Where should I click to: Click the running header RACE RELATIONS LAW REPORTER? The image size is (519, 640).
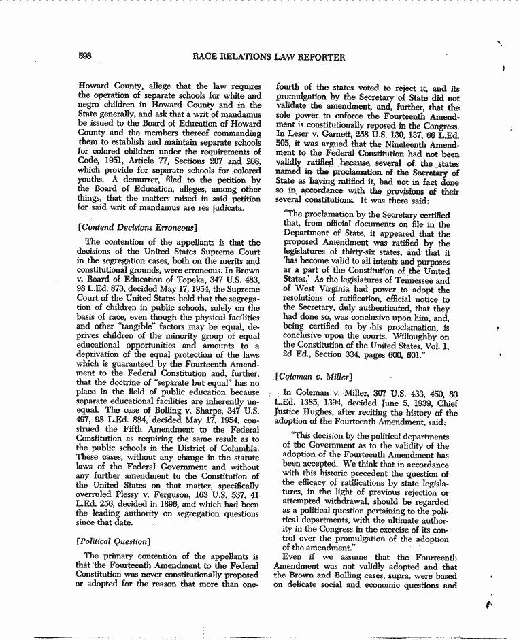tap(269, 57)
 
